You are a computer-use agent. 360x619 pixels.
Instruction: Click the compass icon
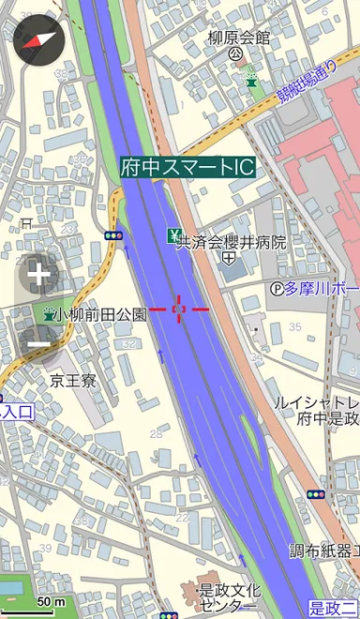[x=37, y=39]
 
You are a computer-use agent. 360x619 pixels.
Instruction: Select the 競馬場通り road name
[x=306, y=82]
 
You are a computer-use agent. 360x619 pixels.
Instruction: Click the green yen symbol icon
[x=174, y=234]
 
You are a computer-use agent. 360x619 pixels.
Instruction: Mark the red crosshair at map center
[x=180, y=309]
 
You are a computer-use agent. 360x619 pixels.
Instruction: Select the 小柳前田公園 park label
[x=101, y=315]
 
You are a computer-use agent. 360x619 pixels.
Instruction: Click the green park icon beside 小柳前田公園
[x=47, y=315]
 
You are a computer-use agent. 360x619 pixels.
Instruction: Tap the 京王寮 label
[x=73, y=381]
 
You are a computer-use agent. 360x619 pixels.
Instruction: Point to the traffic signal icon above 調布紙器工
[x=316, y=494]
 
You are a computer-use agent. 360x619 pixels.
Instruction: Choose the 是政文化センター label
[x=229, y=597]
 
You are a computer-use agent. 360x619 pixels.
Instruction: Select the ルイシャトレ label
[x=315, y=403]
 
